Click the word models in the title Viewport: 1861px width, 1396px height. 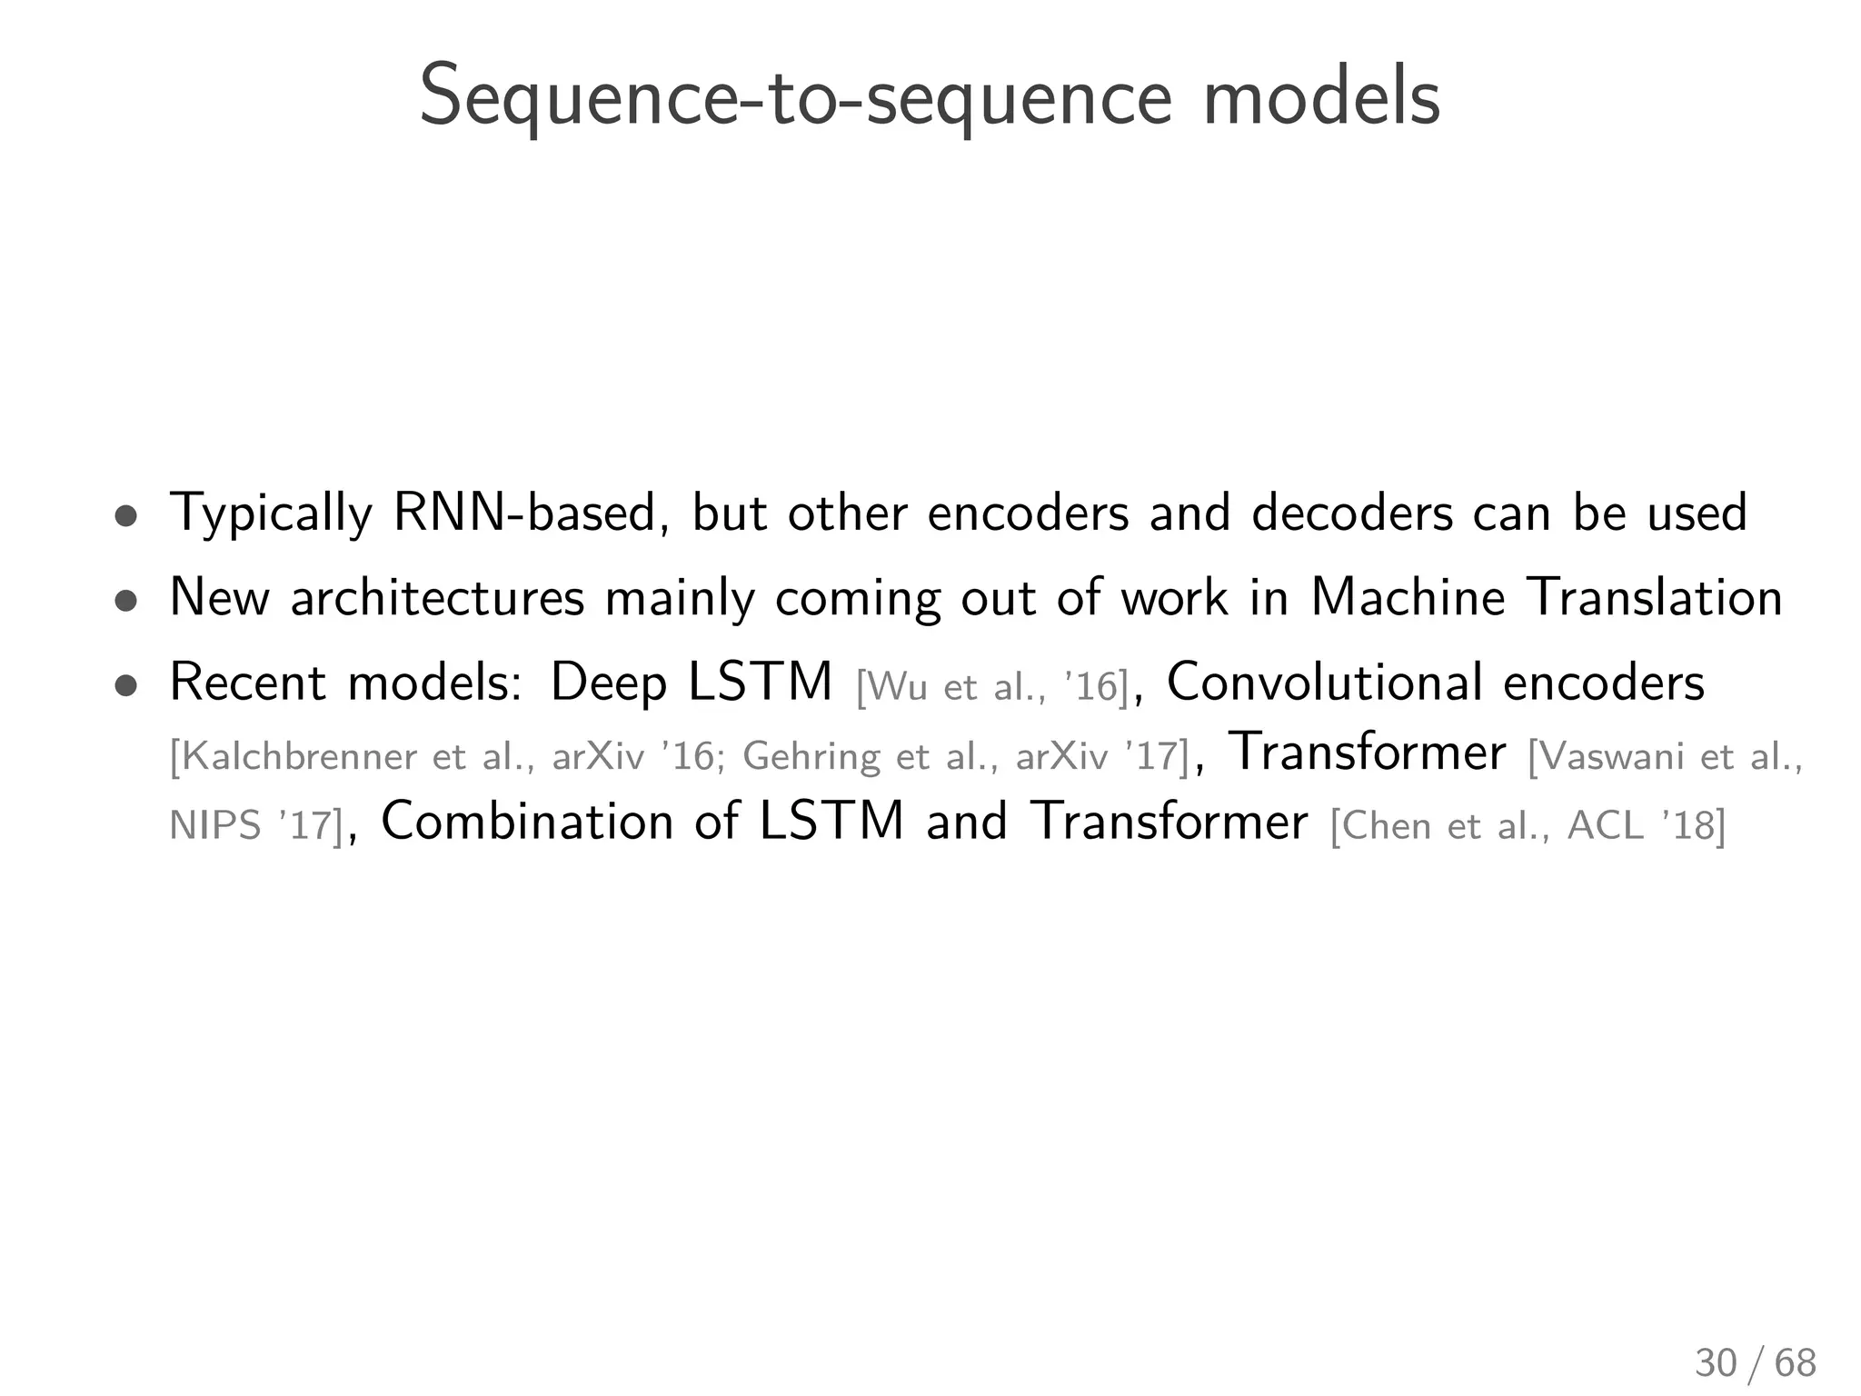point(1321,98)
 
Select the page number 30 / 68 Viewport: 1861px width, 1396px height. point(1756,1363)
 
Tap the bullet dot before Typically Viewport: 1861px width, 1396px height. point(126,516)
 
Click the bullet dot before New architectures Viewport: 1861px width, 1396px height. point(126,602)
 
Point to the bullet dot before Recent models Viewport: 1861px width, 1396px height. point(126,686)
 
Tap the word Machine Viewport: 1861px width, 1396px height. point(1408,598)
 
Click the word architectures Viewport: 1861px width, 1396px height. point(437,598)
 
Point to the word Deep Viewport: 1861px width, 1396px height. point(609,683)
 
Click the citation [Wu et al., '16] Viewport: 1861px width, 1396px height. point(992,687)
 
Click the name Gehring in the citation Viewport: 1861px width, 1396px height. point(811,756)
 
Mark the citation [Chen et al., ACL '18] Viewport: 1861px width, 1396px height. point(1528,825)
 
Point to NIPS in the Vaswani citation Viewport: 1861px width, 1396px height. point(215,825)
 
